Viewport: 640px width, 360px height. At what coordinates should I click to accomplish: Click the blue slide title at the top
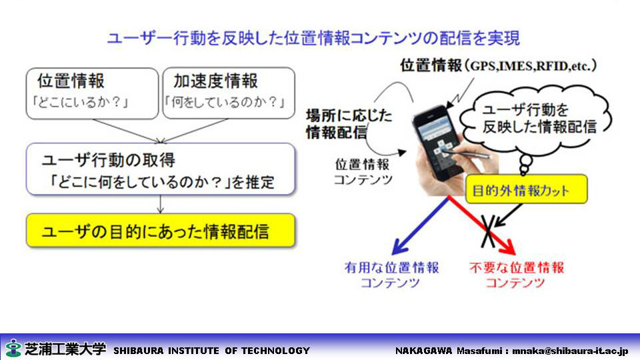click(313, 38)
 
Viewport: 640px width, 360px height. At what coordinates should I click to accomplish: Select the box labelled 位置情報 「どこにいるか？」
click(92, 93)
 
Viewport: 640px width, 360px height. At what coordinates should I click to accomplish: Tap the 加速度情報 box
click(229, 93)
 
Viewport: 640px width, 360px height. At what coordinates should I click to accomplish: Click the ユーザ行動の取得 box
click(161, 169)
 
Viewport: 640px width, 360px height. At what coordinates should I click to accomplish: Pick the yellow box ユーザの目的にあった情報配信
click(161, 230)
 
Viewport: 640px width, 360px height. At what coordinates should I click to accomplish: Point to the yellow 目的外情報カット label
click(526, 189)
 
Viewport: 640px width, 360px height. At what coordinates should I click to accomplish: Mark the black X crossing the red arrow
click(489, 231)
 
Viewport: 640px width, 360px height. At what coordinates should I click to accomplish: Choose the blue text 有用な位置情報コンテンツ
click(391, 275)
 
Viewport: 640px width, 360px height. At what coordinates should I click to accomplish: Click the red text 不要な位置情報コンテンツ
click(516, 275)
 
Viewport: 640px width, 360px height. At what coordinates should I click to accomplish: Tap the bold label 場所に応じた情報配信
click(349, 124)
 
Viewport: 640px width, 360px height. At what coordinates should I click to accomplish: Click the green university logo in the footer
click(13, 348)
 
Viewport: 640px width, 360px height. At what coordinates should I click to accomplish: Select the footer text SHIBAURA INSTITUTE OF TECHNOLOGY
click(211, 351)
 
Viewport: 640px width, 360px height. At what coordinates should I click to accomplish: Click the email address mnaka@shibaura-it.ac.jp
click(570, 351)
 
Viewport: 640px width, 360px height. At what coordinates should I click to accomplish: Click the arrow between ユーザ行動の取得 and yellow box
click(161, 204)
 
